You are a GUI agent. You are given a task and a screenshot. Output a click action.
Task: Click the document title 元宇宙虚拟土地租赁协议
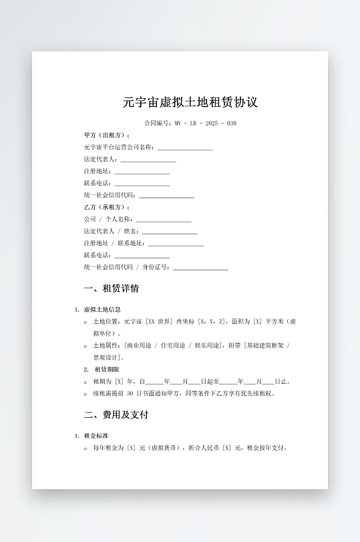190,103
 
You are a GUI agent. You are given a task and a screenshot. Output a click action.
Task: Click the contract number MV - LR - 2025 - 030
205,123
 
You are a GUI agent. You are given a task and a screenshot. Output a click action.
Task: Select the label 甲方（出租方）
107,135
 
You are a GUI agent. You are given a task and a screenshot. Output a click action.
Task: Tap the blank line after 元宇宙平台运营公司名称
185,148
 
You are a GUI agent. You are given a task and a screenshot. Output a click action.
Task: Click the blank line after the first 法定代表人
148,160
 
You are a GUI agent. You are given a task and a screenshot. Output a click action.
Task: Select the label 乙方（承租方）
107,208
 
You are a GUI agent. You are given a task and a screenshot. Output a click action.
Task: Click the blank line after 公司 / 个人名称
164,220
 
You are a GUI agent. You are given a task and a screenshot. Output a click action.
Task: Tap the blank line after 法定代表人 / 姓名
170,232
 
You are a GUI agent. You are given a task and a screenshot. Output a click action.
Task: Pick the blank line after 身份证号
200,268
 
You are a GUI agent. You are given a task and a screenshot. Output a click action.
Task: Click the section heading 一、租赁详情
112,289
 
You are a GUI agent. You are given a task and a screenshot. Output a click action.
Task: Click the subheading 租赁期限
107,369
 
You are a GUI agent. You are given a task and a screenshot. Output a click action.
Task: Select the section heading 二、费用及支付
116,415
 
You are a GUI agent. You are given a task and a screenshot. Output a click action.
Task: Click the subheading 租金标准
98,436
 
